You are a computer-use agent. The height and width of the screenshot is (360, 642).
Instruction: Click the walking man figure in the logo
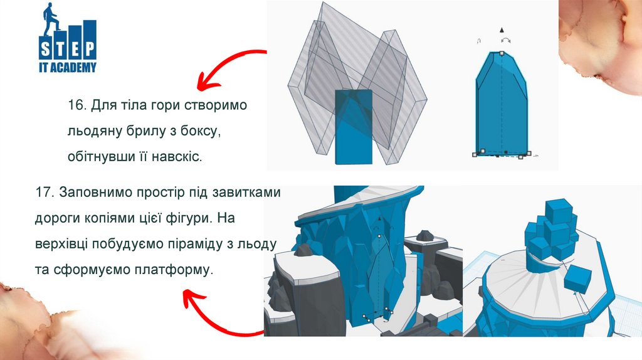click(52, 18)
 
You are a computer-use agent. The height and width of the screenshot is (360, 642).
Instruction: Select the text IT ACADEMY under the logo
click(68, 67)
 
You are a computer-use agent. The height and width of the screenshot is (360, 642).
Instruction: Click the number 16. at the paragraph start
click(77, 105)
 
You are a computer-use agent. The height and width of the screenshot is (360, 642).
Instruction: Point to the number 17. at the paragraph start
click(45, 192)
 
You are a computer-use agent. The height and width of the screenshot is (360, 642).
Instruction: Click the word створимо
click(216, 105)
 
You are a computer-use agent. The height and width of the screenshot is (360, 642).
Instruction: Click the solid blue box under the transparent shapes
click(354, 127)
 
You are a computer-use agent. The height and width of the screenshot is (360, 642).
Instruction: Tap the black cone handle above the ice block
click(502, 30)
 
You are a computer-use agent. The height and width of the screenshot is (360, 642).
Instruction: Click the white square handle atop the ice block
click(502, 53)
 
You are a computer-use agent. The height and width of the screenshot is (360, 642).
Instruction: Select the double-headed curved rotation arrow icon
click(506, 40)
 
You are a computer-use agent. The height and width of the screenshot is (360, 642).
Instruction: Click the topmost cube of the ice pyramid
click(560, 211)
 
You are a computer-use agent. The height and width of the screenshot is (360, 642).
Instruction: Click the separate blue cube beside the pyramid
click(577, 278)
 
